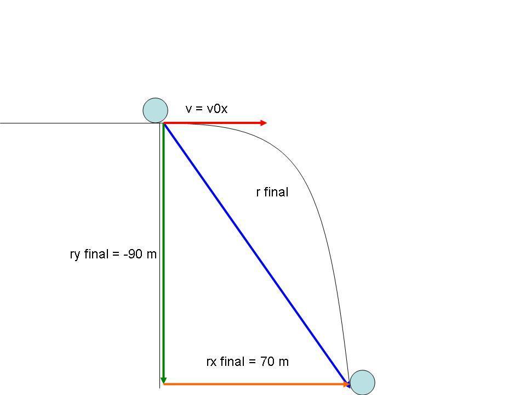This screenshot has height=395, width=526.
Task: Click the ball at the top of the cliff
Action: click(155, 110)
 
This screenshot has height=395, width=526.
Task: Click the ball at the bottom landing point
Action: click(362, 382)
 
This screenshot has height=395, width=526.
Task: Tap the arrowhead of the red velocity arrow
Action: click(264, 123)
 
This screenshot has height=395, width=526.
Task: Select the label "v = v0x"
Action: click(207, 109)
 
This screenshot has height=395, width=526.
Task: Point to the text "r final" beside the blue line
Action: click(272, 192)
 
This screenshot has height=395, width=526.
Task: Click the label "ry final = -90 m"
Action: click(113, 255)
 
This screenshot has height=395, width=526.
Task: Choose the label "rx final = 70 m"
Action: click(247, 362)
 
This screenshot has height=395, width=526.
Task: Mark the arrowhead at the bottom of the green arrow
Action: click(163, 380)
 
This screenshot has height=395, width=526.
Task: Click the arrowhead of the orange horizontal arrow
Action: click(346, 384)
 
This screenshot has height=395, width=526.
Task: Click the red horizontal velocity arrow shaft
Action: click(214, 123)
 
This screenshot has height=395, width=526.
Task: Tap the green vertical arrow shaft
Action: click(163, 247)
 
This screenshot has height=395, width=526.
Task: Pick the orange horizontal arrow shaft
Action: click(252, 384)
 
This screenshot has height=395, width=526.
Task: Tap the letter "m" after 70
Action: click(283, 362)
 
